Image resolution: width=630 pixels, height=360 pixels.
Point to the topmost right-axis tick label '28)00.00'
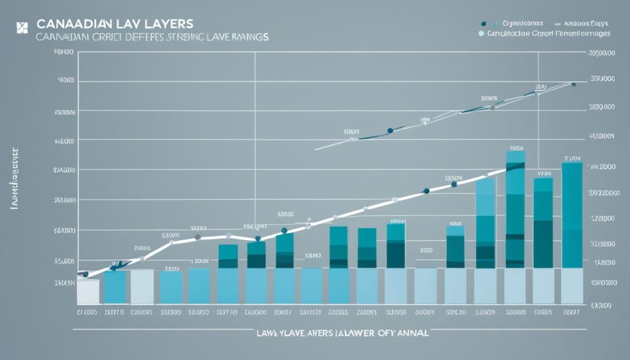(602, 54)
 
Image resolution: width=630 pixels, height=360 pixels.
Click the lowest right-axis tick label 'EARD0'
(602, 305)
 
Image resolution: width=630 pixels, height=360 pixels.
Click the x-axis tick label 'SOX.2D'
(456, 313)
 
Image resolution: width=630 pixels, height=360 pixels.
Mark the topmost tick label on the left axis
(64, 54)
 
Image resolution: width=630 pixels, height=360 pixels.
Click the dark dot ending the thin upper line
(573, 84)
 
